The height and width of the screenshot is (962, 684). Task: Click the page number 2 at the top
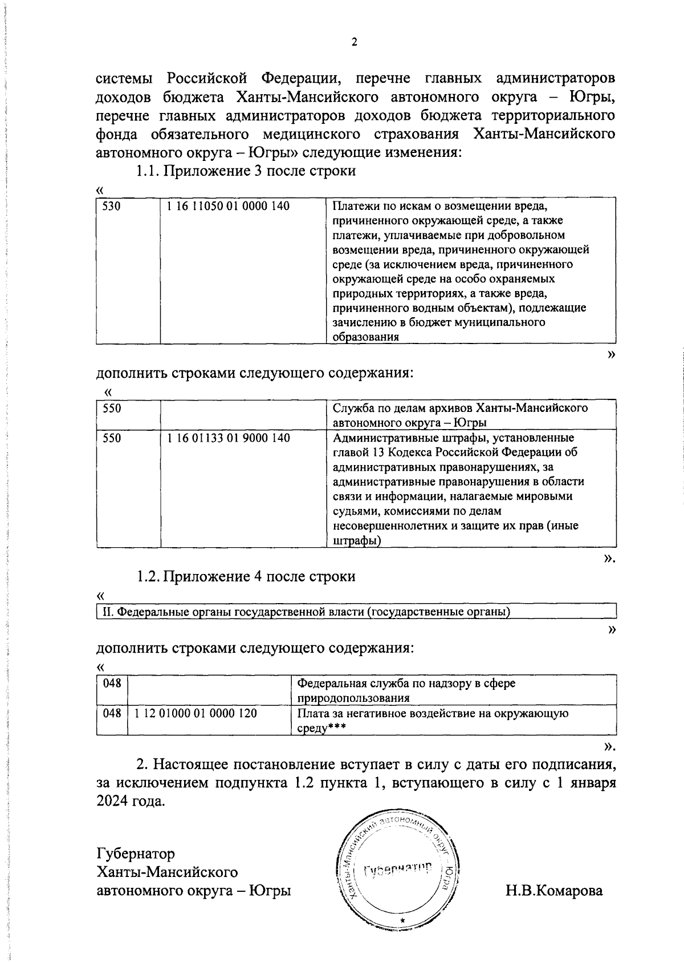pos(354,42)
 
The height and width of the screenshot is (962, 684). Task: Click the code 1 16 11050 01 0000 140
pos(227,206)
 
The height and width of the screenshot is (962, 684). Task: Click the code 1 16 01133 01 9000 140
pos(227,438)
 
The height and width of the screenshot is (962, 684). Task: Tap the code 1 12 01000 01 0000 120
pos(196,713)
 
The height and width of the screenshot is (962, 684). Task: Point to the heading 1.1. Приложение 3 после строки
pos(245,171)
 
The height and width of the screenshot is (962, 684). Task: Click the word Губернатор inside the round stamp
pos(398,870)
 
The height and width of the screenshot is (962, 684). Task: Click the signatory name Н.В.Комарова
pos(553,890)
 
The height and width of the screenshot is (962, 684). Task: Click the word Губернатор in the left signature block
pos(136,854)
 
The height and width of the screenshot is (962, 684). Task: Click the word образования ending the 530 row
pos(365,337)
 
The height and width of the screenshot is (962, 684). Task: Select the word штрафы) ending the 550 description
pos(357,540)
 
